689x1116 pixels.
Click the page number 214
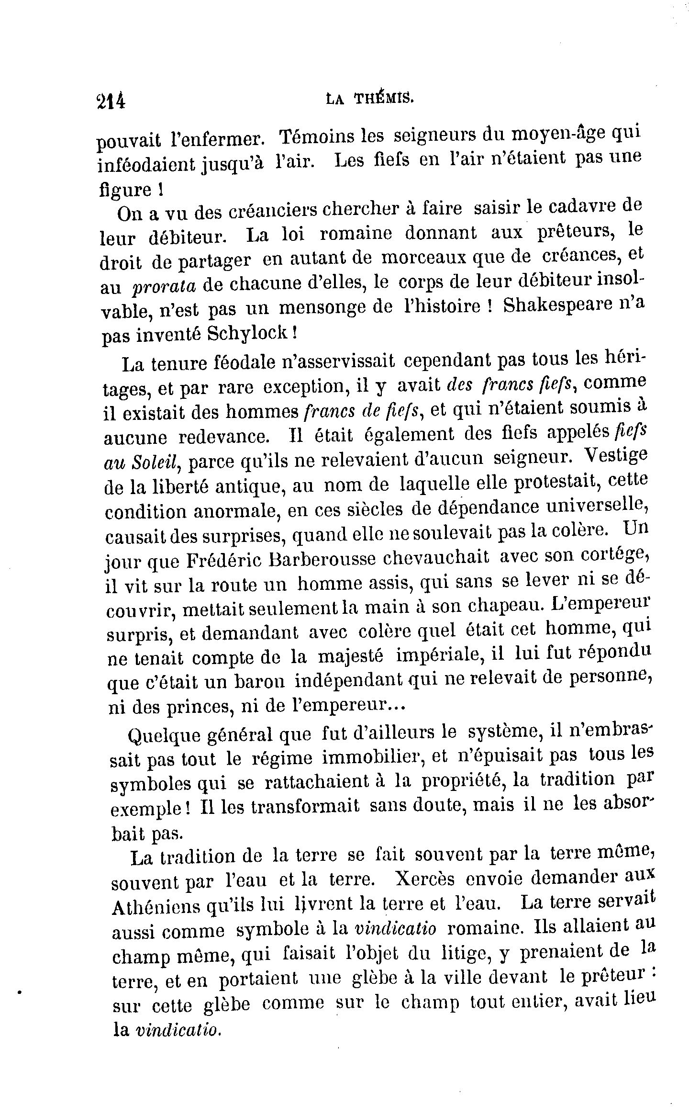click(x=111, y=101)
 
